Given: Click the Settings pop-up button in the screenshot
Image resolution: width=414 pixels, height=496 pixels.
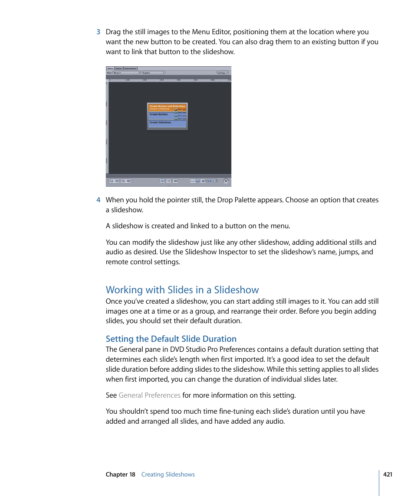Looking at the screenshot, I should (x=222, y=73).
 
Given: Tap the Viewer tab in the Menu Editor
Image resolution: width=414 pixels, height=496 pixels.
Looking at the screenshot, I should (x=118, y=68).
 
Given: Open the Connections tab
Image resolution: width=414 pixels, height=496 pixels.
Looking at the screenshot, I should (x=130, y=68).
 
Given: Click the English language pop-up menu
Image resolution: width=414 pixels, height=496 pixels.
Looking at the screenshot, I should (x=154, y=73).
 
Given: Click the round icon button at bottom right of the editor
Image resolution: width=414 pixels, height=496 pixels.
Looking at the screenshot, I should (x=226, y=181).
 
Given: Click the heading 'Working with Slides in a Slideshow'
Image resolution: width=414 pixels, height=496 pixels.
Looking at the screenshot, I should (x=182, y=290).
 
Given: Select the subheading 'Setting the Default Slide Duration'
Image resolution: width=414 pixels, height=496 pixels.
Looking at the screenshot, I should (x=171, y=339).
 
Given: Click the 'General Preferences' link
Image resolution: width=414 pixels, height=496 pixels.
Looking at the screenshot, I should (x=149, y=395).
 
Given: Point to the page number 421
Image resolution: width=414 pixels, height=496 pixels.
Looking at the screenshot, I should (x=388, y=474).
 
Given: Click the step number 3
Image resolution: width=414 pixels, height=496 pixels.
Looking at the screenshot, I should (x=99, y=32).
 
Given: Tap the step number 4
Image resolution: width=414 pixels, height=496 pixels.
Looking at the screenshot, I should (x=99, y=200).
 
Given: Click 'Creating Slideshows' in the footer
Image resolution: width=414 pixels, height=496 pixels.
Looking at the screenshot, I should (x=168, y=474).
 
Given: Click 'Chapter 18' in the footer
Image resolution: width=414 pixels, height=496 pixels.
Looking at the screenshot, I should (x=121, y=474).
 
